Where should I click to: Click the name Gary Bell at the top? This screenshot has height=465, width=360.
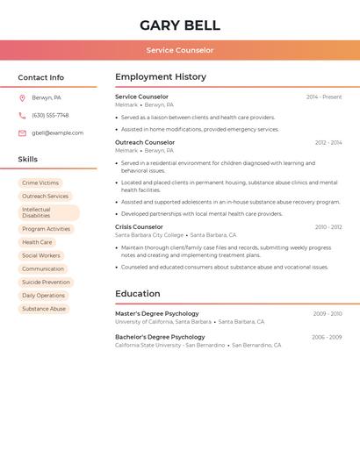point(179,25)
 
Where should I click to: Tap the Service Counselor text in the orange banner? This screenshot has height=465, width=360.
point(179,51)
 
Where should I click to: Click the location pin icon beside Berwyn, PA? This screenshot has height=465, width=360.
point(22,97)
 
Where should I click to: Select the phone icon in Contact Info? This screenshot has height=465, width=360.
point(22,115)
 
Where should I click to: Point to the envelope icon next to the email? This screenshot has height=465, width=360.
point(22,133)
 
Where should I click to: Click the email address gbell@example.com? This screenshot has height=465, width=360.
point(57,133)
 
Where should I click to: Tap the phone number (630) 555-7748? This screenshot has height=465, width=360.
point(50,115)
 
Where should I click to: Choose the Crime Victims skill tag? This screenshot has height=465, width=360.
point(40,183)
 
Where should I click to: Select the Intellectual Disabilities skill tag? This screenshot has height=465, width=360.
point(48,212)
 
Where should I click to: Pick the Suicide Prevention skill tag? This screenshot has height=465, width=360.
point(46,283)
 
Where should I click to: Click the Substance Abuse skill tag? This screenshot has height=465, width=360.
point(44,309)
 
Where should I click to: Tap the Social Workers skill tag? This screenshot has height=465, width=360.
point(41,255)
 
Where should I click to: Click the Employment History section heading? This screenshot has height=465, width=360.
point(161,77)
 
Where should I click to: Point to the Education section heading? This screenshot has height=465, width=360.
point(138,294)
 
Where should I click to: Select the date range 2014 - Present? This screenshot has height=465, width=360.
point(324,97)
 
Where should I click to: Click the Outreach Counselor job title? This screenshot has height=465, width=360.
point(145,142)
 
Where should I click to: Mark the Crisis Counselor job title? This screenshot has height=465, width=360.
point(139,227)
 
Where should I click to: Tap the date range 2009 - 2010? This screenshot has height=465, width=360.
point(327,313)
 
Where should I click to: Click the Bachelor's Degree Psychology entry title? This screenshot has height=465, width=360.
point(160,337)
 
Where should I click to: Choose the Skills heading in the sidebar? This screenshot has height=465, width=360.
point(28,160)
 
